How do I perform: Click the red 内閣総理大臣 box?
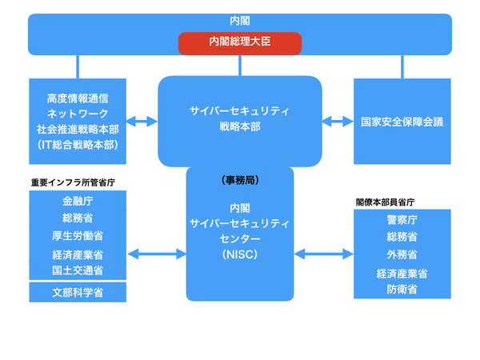coord(240,43)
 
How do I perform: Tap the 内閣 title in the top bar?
coord(240,21)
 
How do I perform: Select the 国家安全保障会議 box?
coord(402,122)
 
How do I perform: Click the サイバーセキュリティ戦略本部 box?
coord(240,122)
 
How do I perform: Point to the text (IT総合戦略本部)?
coord(78,145)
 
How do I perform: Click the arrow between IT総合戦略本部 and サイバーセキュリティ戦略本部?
coord(142,122)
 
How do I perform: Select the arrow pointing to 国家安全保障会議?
coord(338,122)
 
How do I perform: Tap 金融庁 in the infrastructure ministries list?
coord(78,201)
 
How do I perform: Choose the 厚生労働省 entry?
coord(78,236)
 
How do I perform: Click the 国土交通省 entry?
coord(78,270)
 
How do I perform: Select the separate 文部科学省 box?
coord(78,292)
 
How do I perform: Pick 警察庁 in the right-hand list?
coord(402,219)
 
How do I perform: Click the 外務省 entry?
coord(402,254)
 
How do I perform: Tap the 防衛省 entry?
coord(402,290)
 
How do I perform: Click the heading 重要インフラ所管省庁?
coord(73,182)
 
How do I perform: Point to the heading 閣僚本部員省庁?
coord(385,202)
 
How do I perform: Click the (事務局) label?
coord(240,180)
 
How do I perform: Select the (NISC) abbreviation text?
coord(240,254)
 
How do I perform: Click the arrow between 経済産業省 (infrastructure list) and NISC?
coord(157,254)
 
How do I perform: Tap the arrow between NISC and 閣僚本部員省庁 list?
coord(324,254)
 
